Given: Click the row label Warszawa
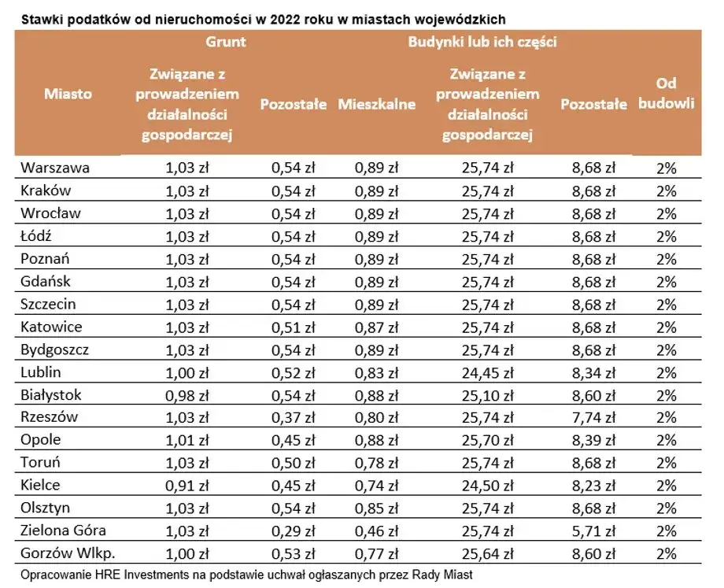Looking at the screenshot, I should [55, 168].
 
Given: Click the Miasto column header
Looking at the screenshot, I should [68, 94].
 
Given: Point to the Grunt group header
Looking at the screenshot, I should [226, 43].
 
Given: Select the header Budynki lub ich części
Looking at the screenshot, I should [482, 43].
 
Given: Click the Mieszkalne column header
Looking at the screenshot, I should [376, 104].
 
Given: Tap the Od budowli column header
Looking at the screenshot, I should [666, 94].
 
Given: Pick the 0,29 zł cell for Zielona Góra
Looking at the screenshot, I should [293, 531].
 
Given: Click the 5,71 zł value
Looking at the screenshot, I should [593, 531].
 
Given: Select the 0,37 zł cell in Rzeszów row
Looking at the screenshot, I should [293, 418].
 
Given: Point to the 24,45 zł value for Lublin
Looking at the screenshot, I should [488, 372].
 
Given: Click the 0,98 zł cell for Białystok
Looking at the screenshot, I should [187, 395].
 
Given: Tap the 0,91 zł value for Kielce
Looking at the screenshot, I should [187, 486].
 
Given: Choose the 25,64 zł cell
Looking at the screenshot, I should [488, 554].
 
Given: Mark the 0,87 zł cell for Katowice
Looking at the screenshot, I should [376, 327].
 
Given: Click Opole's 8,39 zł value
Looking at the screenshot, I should [593, 440].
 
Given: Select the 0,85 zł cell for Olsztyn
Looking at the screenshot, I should [376, 508].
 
